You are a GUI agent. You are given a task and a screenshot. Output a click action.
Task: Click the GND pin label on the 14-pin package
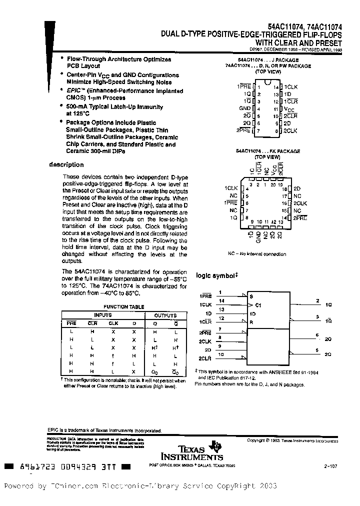point(245,108)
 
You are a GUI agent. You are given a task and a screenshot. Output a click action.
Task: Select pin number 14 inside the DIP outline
point(275,86)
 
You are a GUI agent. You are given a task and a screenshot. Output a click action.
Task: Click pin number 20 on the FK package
point(273,184)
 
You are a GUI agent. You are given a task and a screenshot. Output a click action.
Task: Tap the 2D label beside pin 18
point(296,189)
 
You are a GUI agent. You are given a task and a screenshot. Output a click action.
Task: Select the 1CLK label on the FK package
point(230,188)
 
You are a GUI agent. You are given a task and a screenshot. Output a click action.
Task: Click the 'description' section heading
point(66,165)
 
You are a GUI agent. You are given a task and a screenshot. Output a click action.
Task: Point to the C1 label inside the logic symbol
point(258,305)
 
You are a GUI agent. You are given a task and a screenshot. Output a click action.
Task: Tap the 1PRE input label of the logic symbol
point(205,296)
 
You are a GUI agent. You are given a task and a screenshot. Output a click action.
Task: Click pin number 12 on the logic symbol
point(221,318)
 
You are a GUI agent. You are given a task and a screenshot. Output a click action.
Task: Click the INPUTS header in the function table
point(103,315)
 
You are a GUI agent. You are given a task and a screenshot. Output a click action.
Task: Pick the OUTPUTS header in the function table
point(165,315)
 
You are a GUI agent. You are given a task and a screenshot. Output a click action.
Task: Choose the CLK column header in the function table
point(113,323)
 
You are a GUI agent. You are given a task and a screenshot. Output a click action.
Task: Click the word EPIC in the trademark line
point(53,430)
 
